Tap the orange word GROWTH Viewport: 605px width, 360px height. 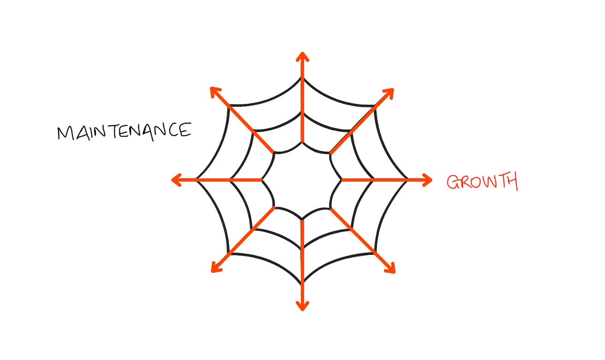[x=482, y=182]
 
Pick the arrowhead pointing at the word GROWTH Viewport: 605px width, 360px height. [x=428, y=180]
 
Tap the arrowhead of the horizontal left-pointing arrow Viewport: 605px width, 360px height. [x=176, y=180]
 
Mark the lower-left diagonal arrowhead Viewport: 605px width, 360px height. [x=214, y=269]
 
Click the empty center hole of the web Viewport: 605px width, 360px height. [x=302, y=180]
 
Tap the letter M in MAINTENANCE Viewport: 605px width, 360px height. [x=65, y=133]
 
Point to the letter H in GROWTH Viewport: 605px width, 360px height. [x=511, y=181]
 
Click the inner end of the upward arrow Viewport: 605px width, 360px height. [x=302, y=142]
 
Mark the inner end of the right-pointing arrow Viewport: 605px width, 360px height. [x=342, y=180]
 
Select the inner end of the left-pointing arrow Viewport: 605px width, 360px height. [x=263, y=180]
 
